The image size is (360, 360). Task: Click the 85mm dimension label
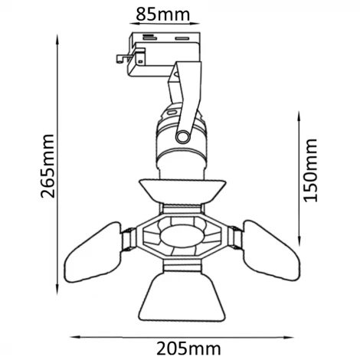[x=165, y=13]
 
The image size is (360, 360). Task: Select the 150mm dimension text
[x=310, y=170]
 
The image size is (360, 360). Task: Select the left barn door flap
[x=93, y=255]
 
